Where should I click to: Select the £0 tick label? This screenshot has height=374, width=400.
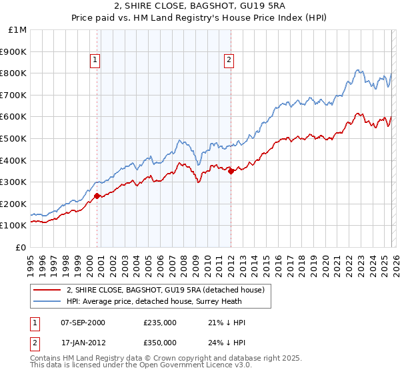(21, 247)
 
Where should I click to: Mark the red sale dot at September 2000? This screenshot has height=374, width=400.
(97, 196)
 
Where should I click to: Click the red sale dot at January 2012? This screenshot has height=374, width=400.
(231, 171)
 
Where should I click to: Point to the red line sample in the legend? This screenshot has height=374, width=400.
(47, 290)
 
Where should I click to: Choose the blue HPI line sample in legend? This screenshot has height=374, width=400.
(47, 301)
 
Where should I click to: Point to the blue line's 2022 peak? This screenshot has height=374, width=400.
(358, 69)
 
